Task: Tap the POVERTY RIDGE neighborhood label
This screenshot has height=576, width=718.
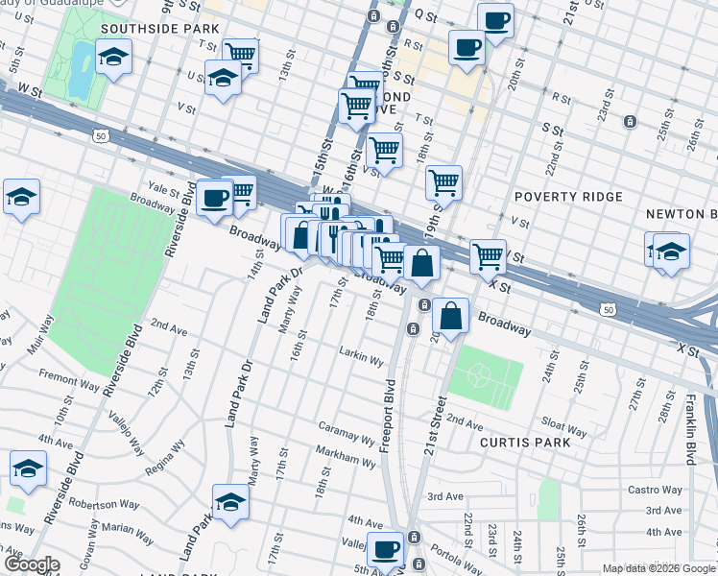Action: [568, 197]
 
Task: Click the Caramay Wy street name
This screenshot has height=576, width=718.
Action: [347, 431]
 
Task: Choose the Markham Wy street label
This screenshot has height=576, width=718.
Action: [346, 461]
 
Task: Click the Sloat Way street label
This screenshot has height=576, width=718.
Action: [564, 426]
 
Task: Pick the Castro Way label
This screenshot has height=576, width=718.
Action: [682, 490]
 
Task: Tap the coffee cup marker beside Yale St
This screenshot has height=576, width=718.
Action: [214, 198]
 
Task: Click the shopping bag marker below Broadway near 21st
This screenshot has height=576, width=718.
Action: [450, 314]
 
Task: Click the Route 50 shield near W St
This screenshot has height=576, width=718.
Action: [100, 136]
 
